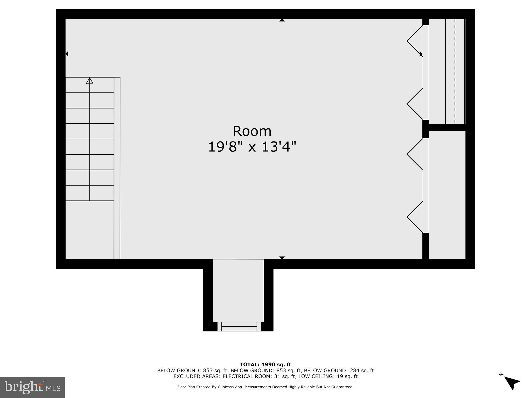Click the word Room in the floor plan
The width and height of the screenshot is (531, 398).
click(252, 131)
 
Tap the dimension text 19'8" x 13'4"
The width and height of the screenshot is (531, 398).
click(252, 147)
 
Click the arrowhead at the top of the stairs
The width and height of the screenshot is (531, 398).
click(90, 81)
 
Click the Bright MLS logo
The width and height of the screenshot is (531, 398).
click(32, 387)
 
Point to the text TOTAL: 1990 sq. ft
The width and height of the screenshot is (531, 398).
click(265, 365)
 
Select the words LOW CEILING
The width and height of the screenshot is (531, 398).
click(318, 376)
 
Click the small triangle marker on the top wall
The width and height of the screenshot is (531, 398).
click(282, 20)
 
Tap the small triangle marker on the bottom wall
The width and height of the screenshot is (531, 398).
click(282, 258)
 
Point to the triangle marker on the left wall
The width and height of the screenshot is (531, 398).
click(67, 54)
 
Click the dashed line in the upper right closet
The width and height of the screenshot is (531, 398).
click(455, 71)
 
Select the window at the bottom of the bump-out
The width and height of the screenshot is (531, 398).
click(239, 326)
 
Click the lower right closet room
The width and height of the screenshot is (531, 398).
click(447, 194)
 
